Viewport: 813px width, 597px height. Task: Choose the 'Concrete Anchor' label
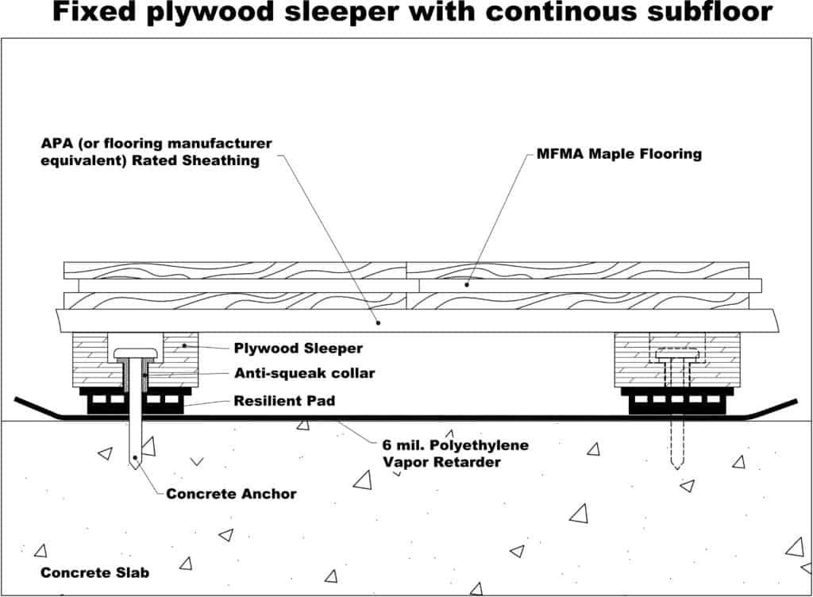coord(231,494)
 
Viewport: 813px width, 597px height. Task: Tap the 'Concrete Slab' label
coord(94,572)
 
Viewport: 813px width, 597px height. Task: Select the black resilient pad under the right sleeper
coord(676,402)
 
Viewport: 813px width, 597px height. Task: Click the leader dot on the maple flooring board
coord(467,283)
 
